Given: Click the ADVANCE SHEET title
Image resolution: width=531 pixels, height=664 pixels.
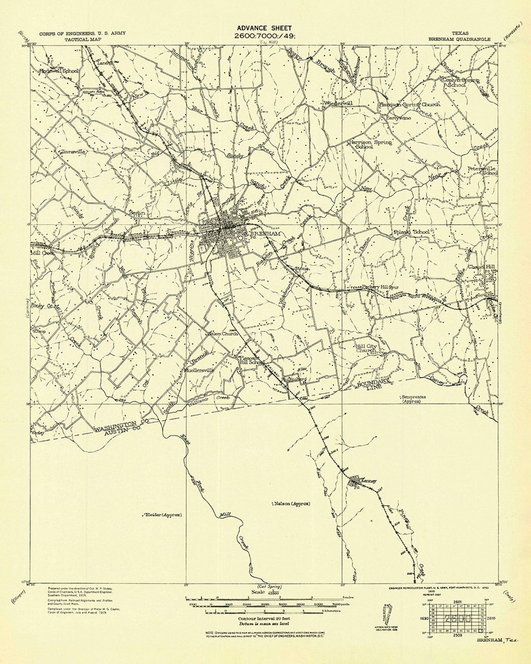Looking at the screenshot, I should [x=264, y=28].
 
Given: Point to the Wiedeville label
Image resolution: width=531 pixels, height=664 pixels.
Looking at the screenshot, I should [x=338, y=104].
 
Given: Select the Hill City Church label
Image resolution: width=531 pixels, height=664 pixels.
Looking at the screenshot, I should [x=366, y=348].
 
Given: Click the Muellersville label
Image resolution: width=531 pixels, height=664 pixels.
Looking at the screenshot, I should [x=199, y=370].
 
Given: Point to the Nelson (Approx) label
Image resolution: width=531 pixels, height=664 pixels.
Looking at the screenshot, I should [x=293, y=504].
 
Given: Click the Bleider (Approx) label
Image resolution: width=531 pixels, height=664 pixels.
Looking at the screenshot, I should [x=162, y=515].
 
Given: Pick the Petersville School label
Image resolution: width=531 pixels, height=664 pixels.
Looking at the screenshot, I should [x=482, y=171].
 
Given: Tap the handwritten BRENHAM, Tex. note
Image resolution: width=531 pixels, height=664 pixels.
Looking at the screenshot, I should [x=493, y=639].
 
